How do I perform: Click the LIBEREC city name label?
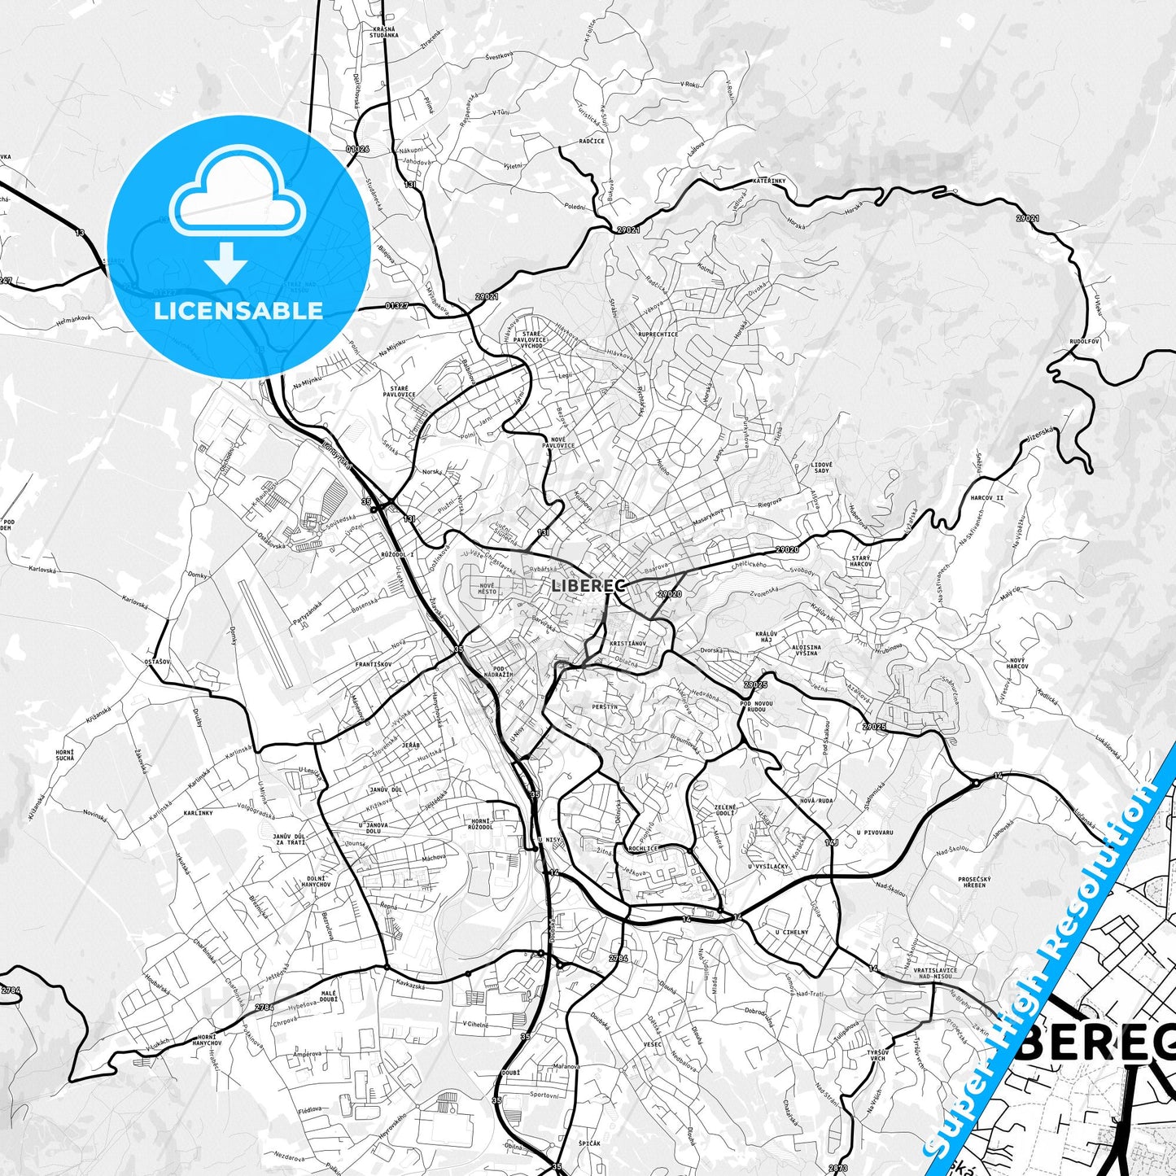588,584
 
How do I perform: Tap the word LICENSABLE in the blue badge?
240,310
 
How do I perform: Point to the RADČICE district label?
592,142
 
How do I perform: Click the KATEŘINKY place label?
767,181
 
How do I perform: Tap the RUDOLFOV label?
1084,342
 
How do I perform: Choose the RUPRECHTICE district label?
658,334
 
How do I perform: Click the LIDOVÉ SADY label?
821,467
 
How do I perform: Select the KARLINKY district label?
198,813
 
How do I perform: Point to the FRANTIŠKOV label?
374,664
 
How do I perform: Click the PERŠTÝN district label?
605,708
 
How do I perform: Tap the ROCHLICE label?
643,848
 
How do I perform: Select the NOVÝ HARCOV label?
1017,663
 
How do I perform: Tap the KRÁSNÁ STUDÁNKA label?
383,32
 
